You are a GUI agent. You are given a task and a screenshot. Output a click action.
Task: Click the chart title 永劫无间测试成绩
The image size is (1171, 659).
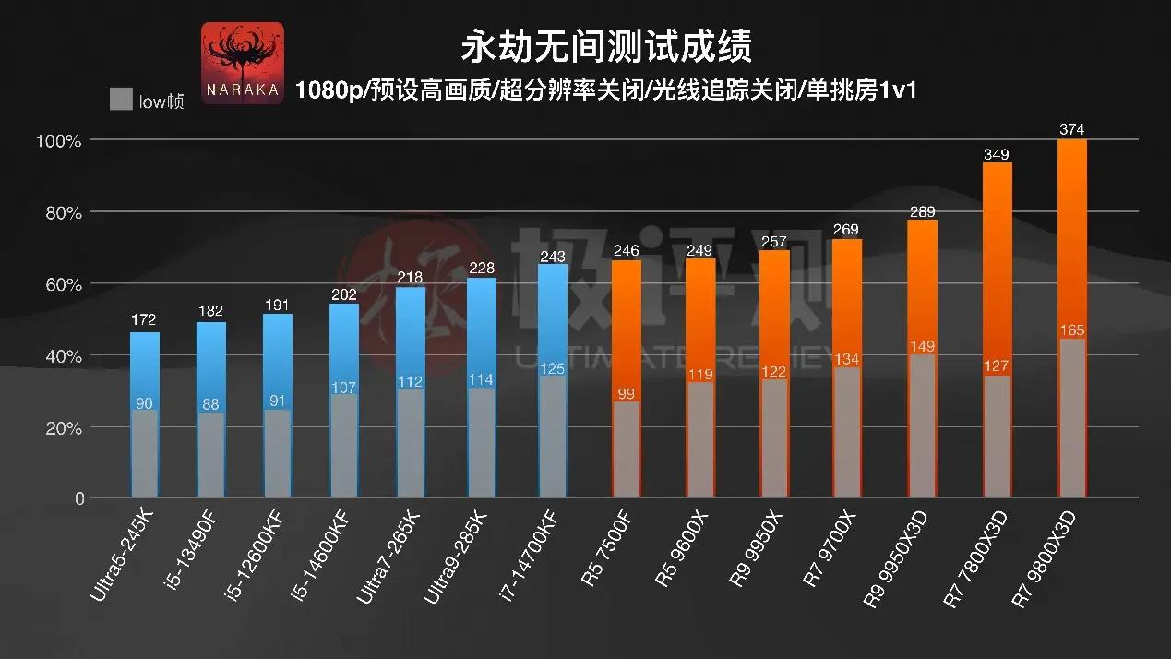605,45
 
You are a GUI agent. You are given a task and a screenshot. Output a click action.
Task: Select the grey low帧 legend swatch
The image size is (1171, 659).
120,100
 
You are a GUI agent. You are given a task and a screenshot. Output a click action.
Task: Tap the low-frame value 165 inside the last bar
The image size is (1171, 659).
1072,329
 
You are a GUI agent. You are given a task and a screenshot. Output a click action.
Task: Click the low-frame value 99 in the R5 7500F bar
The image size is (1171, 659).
627,393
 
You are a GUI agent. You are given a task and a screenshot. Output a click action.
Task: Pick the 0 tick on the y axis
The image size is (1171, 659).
79,499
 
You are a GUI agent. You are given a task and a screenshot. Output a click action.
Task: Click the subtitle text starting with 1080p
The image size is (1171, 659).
605,90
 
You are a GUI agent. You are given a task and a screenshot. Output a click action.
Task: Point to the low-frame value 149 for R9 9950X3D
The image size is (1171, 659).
922,347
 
